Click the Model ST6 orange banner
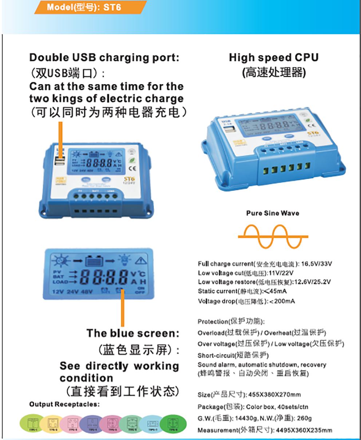(x=87, y=7)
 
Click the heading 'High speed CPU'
(x=273, y=58)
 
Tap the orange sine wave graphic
(x=273, y=237)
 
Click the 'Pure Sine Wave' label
(x=273, y=213)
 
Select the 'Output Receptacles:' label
(x=64, y=404)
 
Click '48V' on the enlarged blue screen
(x=87, y=292)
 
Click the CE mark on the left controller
(x=133, y=168)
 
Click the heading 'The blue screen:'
(x=133, y=333)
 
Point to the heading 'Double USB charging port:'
(x=104, y=58)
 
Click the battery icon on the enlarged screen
(x=94, y=261)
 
